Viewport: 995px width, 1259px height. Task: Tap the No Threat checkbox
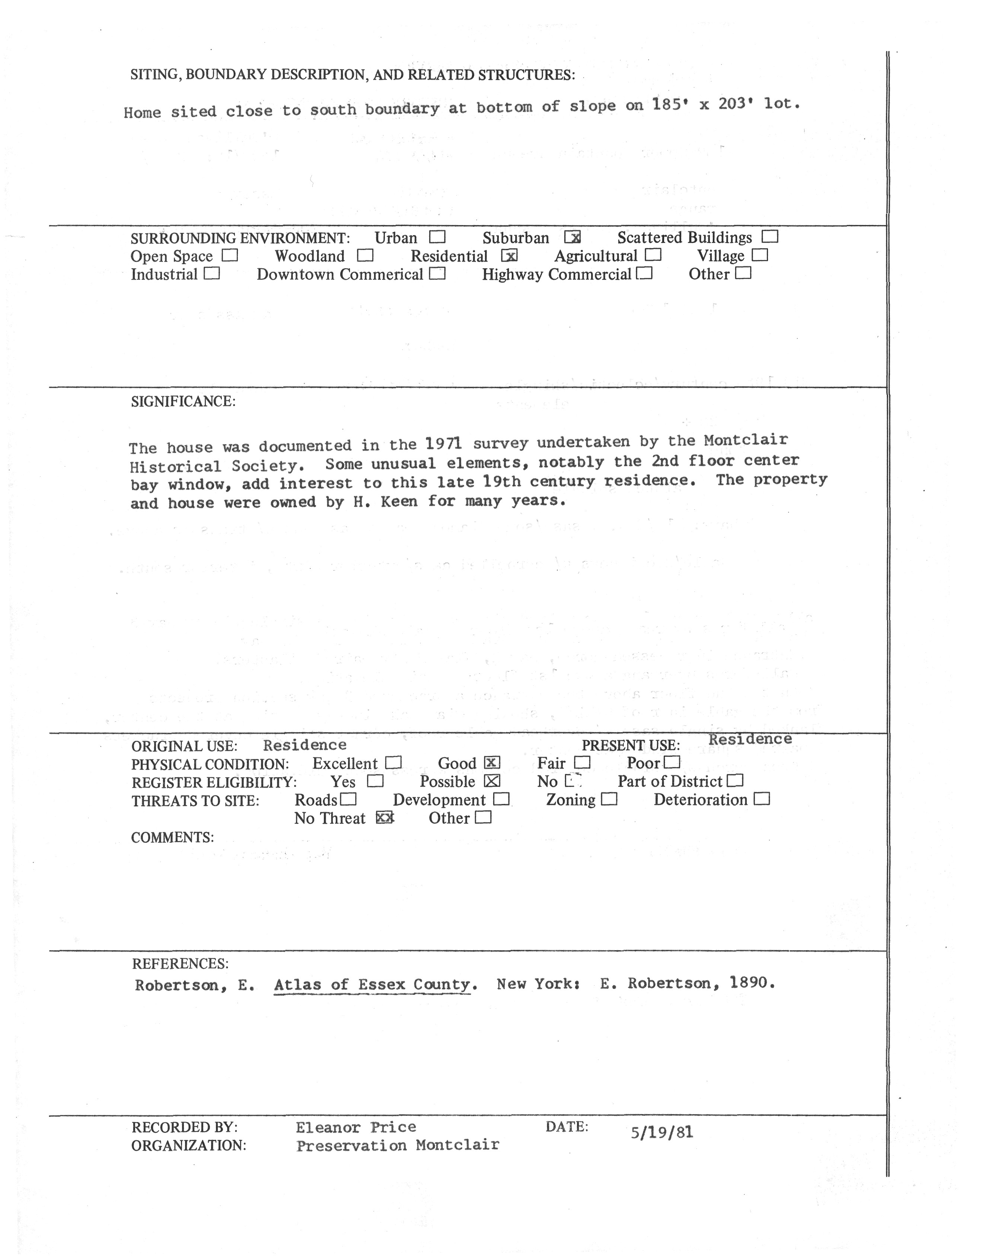coord(385,818)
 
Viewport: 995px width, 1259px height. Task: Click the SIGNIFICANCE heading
coord(183,402)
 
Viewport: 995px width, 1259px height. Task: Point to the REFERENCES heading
coord(180,964)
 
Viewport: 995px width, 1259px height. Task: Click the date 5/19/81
coord(662,1133)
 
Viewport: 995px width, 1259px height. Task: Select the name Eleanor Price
coord(355,1127)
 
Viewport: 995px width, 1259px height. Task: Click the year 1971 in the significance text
coord(444,444)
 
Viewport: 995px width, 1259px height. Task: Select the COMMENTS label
coord(172,837)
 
